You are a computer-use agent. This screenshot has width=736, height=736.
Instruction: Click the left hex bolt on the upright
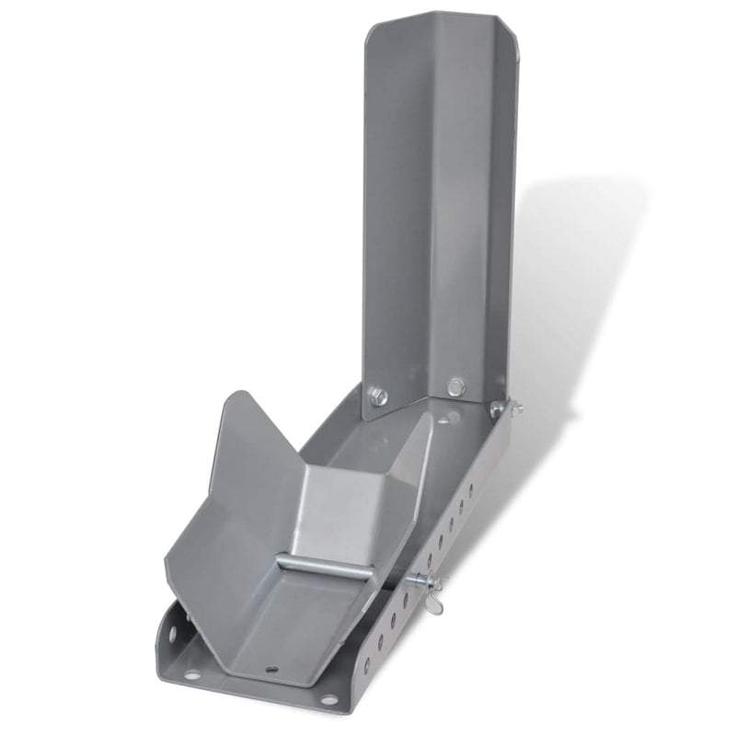[x=378, y=397]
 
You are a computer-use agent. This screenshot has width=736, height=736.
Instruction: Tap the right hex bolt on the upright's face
[x=454, y=386]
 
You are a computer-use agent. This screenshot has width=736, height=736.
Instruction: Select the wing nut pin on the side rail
[x=427, y=582]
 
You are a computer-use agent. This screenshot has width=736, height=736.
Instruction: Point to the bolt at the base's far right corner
[x=499, y=408]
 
